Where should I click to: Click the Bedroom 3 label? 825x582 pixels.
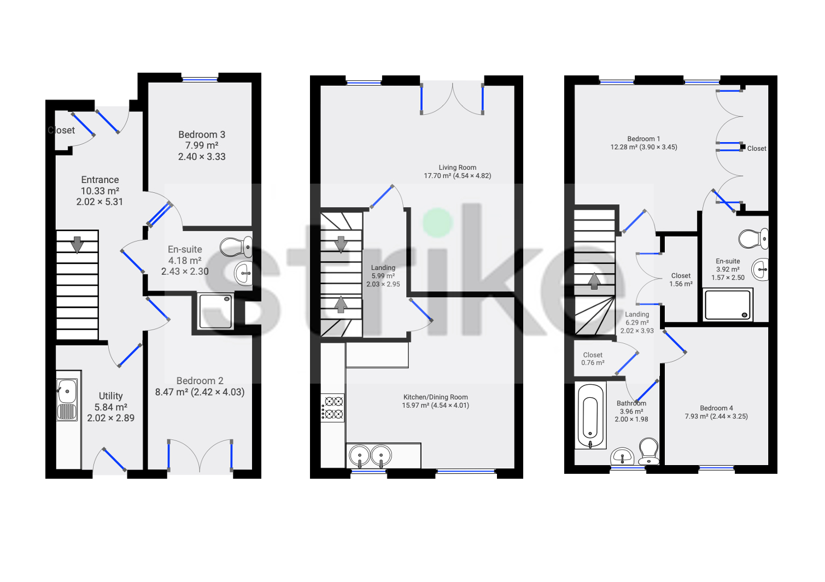click(202, 135)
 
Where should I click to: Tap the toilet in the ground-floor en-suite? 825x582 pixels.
click(236, 246)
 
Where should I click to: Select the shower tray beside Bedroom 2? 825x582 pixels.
click(216, 311)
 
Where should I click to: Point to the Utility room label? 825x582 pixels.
click(110, 396)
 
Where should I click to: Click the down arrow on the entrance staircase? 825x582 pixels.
click(77, 245)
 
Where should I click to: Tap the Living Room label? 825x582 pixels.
click(458, 167)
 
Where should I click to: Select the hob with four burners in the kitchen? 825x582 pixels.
click(332, 408)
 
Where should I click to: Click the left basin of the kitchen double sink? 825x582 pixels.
click(359, 456)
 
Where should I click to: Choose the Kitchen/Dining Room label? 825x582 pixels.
click(435, 397)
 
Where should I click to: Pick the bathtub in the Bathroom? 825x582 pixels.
click(590, 415)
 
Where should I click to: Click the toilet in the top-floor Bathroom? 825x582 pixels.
click(649, 451)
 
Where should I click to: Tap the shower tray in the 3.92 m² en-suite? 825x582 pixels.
click(728, 304)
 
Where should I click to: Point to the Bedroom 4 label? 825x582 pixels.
click(716, 408)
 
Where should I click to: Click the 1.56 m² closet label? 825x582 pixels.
click(681, 280)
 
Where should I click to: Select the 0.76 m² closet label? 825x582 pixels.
click(593, 359)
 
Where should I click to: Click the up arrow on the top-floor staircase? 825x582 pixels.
click(594, 281)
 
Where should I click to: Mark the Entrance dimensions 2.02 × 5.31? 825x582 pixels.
click(100, 202)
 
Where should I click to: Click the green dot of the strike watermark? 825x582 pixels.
click(437, 222)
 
